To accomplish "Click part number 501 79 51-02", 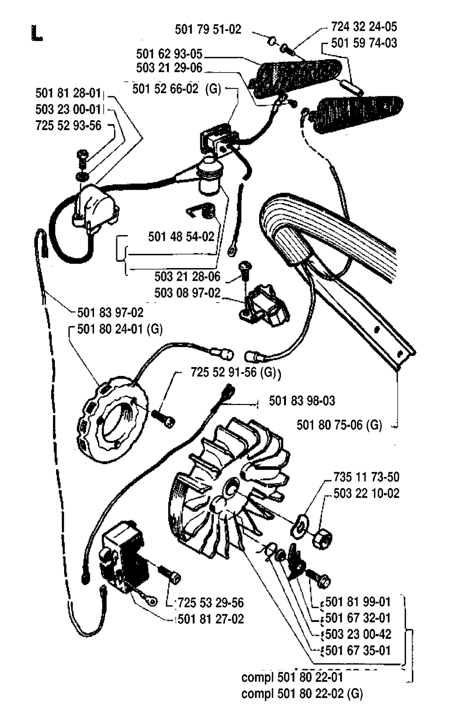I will pos(208,29).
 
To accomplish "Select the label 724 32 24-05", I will pos(364,27).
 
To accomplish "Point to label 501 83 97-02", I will pos(110,312).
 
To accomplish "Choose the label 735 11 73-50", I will pos(366,477).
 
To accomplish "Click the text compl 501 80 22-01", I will pos(292,678).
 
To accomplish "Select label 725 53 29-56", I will pos(211,603).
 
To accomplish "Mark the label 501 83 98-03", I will pos(302,401).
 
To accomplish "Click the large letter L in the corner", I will pos(37,34).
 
